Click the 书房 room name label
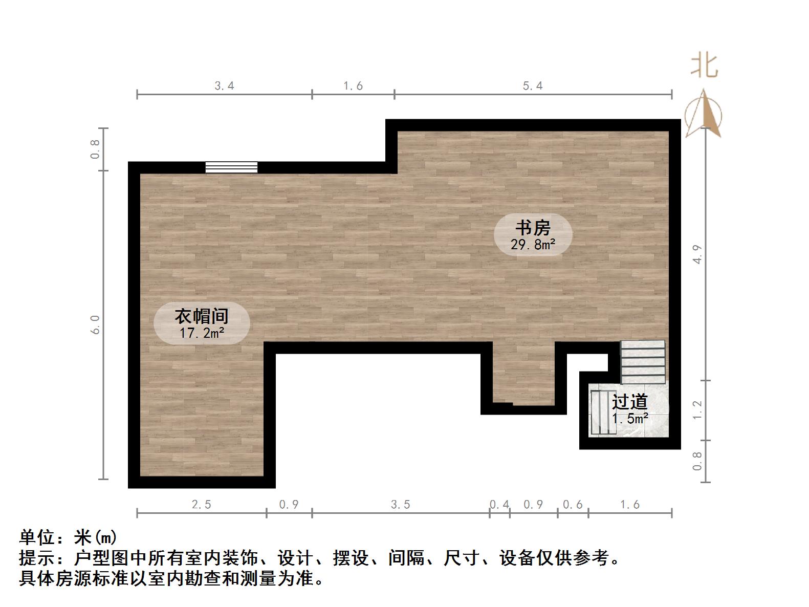533,227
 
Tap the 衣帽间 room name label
201,316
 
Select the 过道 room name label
630,402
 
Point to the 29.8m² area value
533,245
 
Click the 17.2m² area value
202,333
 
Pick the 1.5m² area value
630,419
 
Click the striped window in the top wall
231,167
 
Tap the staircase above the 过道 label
643,362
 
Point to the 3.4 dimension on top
224,86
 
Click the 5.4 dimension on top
533,86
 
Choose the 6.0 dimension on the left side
96,324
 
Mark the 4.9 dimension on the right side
697,254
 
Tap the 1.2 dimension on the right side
697,410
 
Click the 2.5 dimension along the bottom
201,505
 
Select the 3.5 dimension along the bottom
400,505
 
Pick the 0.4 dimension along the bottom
499,505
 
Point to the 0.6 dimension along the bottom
573,505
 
